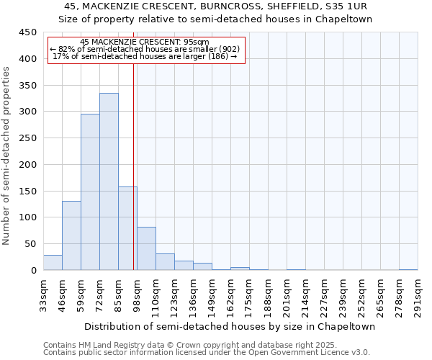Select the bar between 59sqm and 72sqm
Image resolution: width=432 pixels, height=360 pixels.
click(x=90, y=192)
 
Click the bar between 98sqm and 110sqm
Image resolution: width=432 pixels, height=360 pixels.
click(x=146, y=248)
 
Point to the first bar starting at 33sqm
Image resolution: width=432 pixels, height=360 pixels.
click(x=53, y=263)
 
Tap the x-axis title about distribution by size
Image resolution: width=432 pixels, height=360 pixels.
click(x=229, y=326)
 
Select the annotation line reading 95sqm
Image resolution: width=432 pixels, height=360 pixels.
click(x=145, y=42)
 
